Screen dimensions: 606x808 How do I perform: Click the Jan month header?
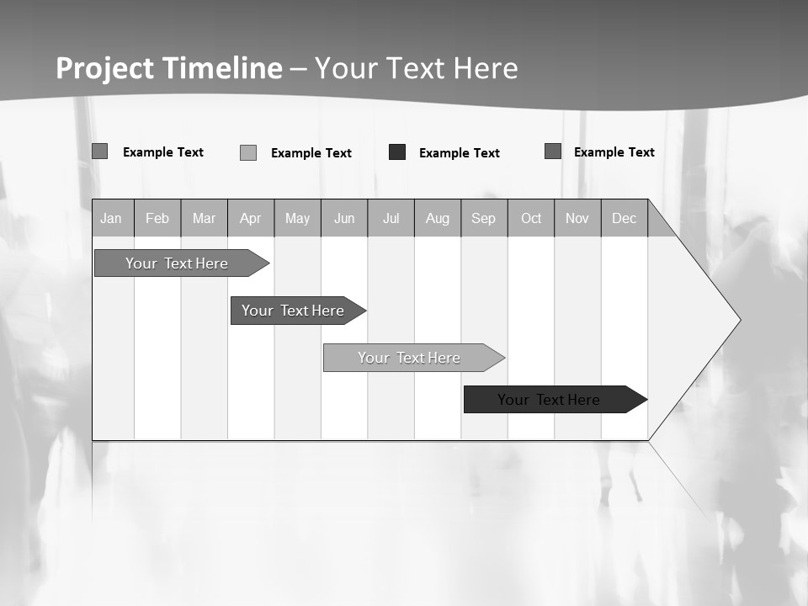point(111,219)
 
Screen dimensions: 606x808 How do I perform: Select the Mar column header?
point(204,219)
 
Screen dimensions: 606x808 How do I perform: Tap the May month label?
point(297,219)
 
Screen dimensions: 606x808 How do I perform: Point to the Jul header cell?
point(391,219)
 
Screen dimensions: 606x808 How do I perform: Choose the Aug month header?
point(438,219)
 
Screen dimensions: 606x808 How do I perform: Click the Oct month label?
point(531,219)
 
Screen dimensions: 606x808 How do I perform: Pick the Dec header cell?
point(624,219)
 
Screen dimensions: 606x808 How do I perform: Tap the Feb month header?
point(157,219)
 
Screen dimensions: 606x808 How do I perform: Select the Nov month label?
point(577,219)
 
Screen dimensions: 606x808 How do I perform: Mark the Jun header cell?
point(344,219)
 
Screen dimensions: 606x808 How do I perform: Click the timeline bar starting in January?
point(177,263)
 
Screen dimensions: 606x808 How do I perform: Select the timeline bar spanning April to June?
point(293,311)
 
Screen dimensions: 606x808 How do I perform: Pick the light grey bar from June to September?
point(409,358)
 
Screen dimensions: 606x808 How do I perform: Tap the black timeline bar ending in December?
point(549,400)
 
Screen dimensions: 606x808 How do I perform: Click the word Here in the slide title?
point(486,68)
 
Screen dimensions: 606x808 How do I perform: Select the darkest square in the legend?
point(397,152)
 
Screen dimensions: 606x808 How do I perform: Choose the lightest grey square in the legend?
point(248,152)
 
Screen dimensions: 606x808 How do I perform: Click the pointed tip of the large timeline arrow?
point(739,320)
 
